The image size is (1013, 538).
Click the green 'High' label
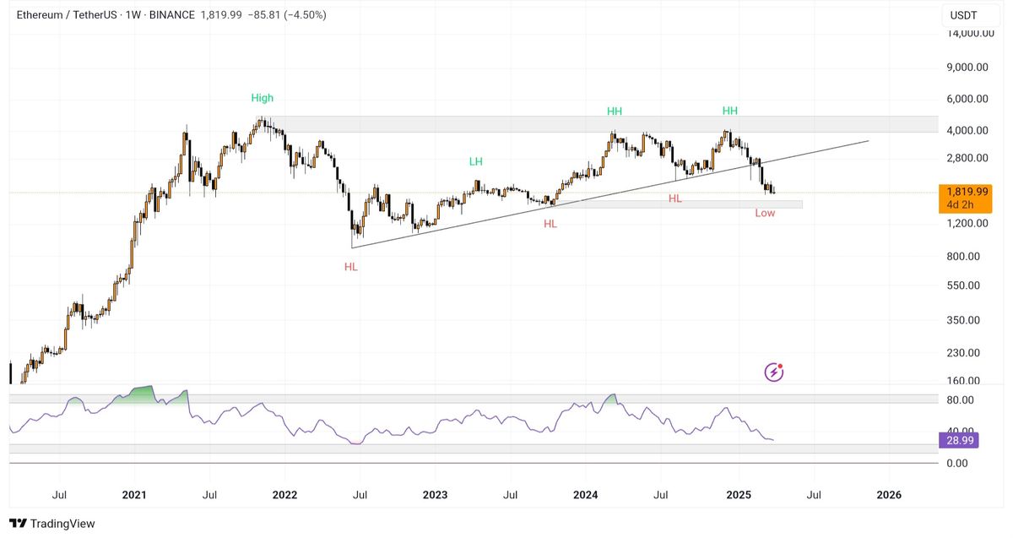pos(262,98)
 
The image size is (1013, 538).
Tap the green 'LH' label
pos(476,161)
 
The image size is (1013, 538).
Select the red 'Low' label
pos(765,213)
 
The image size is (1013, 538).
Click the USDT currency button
pos(963,15)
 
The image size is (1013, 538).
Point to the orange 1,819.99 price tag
pos(965,192)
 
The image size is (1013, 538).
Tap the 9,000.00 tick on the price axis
pos(967,67)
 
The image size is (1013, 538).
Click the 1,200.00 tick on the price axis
pos(969,223)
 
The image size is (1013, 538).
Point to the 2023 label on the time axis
pos(435,495)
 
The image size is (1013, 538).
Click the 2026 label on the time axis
pos(888,495)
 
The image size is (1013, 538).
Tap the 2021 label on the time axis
pos(135,495)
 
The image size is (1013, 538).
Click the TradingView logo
pos(52,524)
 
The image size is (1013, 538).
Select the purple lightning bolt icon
pos(773,372)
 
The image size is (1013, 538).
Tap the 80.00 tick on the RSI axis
pos(961,399)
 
